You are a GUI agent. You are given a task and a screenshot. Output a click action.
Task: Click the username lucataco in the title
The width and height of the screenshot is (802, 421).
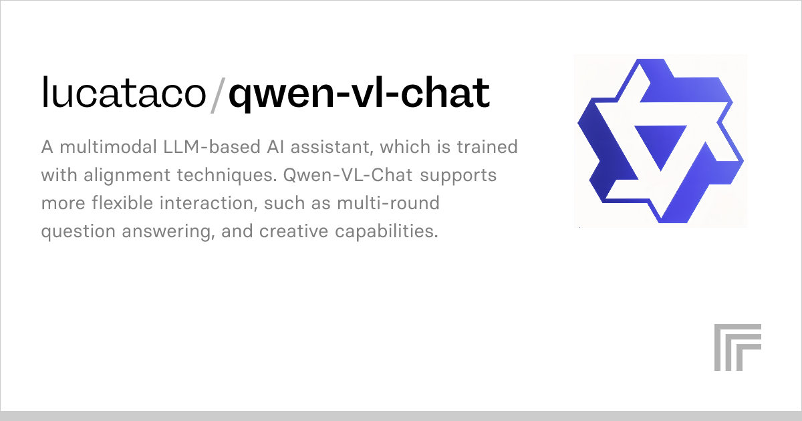tap(124, 94)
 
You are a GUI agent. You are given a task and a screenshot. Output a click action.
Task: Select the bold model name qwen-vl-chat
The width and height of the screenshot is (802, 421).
tap(360, 94)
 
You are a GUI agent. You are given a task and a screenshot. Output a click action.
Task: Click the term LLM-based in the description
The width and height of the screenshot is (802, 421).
tap(208, 147)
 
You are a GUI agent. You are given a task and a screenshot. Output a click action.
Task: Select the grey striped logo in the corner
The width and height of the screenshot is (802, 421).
tap(737, 347)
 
